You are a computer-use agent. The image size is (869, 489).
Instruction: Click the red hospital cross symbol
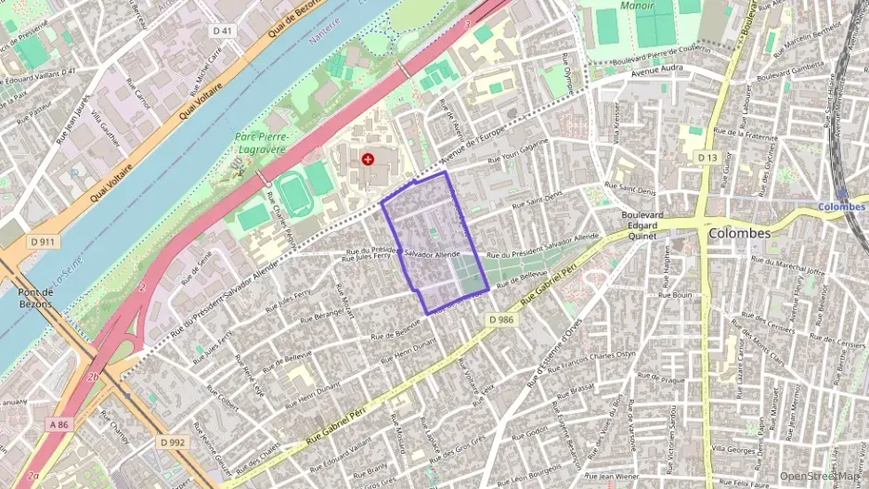point(369,160)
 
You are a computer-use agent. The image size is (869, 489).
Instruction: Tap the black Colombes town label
point(739,234)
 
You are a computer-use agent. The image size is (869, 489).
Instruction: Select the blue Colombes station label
point(841,207)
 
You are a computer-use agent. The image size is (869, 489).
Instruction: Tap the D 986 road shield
point(501,319)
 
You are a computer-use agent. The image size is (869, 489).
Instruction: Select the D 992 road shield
point(173,443)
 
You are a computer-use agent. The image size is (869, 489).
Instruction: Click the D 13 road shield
point(707,159)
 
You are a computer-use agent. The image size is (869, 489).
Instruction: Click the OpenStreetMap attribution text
point(820,476)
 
